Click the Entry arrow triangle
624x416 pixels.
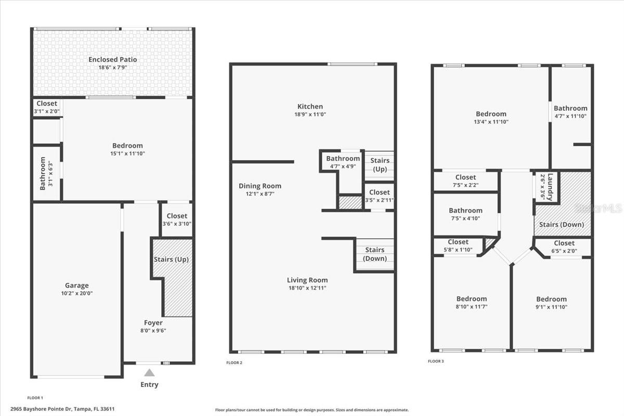click(149, 373)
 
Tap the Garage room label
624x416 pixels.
click(76, 285)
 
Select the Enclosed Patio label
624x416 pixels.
click(112, 59)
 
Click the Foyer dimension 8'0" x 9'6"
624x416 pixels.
click(153, 330)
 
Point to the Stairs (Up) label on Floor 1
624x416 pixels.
click(171, 259)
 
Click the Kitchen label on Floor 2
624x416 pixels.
click(310, 107)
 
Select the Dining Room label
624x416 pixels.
click(260, 186)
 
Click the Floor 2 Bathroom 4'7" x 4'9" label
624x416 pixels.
click(343, 159)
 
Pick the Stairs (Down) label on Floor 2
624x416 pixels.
click(374, 254)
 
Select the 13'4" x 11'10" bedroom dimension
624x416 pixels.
click(491, 122)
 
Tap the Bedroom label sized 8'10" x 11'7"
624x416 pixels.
click(472, 298)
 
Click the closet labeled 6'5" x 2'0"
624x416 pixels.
click(564, 243)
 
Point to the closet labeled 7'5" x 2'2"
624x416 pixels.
click(465, 177)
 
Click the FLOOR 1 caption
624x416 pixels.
click(35, 397)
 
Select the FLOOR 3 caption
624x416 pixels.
click(436, 361)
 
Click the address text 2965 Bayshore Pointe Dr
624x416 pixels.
click(62, 409)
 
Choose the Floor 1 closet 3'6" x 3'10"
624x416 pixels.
click(177, 216)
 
